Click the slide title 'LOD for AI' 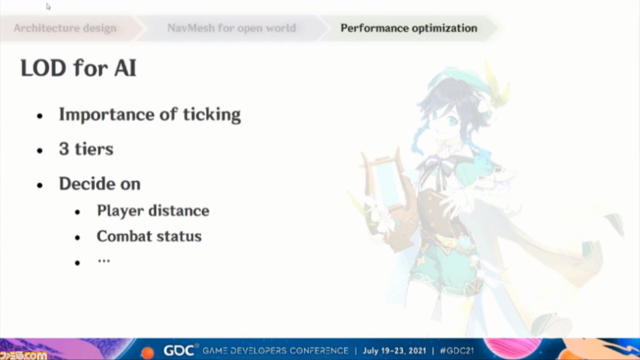tap(78, 67)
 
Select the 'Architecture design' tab tap(65, 28)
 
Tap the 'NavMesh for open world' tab tap(231, 28)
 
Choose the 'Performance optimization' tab tap(409, 28)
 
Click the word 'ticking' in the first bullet tap(212, 115)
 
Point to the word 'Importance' tap(106, 115)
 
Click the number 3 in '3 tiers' tap(64, 149)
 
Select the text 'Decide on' tap(99, 184)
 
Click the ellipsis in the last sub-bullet tap(104, 261)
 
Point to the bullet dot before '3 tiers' tap(40, 151)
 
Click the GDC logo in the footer tap(179, 351)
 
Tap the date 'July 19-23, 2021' tap(395, 351)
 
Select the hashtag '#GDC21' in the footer tap(457, 351)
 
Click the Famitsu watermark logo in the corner tap(23, 355)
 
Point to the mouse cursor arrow tap(48, 7)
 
